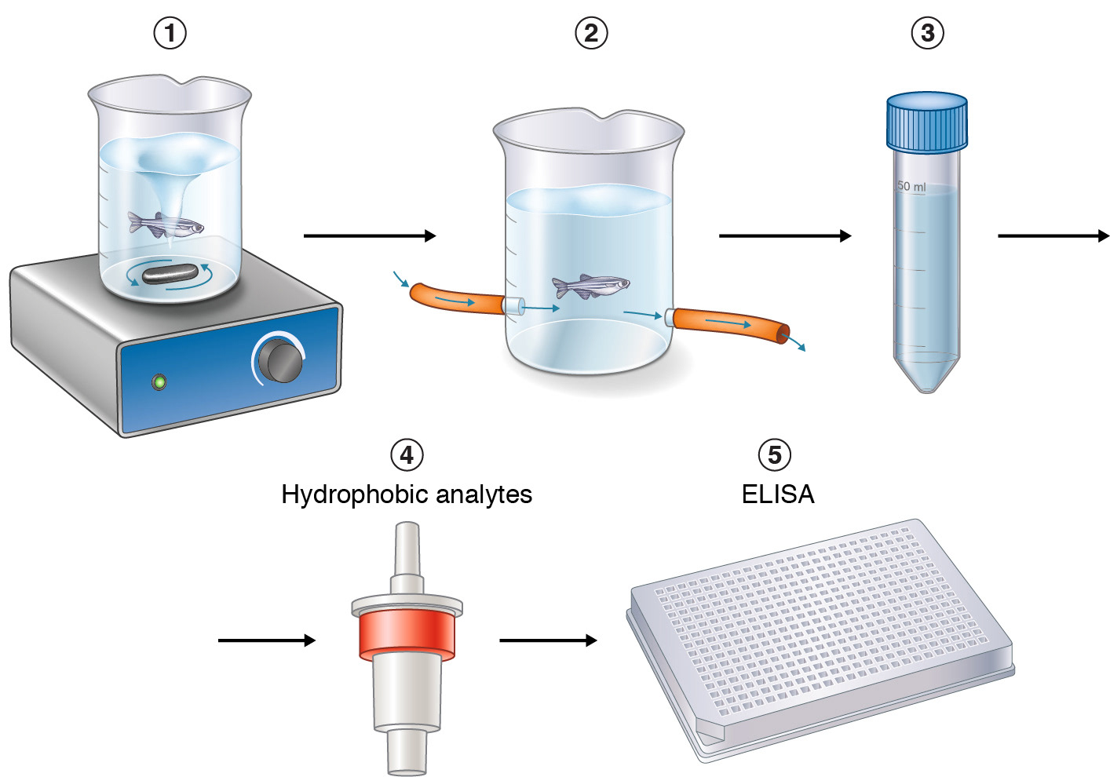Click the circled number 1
[x=170, y=33]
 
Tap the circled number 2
[x=591, y=33]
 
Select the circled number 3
[x=927, y=33]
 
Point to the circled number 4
[x=407, y=454]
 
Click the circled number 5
[x=775, y=454]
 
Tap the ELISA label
[x=778, y=494]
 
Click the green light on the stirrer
[x=159, y=382]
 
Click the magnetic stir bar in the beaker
[x=170, y=273]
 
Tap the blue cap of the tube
[x=926, y=121]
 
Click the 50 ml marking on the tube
[x=911, y=187]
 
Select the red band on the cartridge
[x=407, y=635]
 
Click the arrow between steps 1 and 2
[x=369, y=235]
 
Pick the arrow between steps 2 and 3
[x=784, y=235]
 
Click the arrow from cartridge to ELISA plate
[x=547, y=640]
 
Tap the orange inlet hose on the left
[x=455, y=299]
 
